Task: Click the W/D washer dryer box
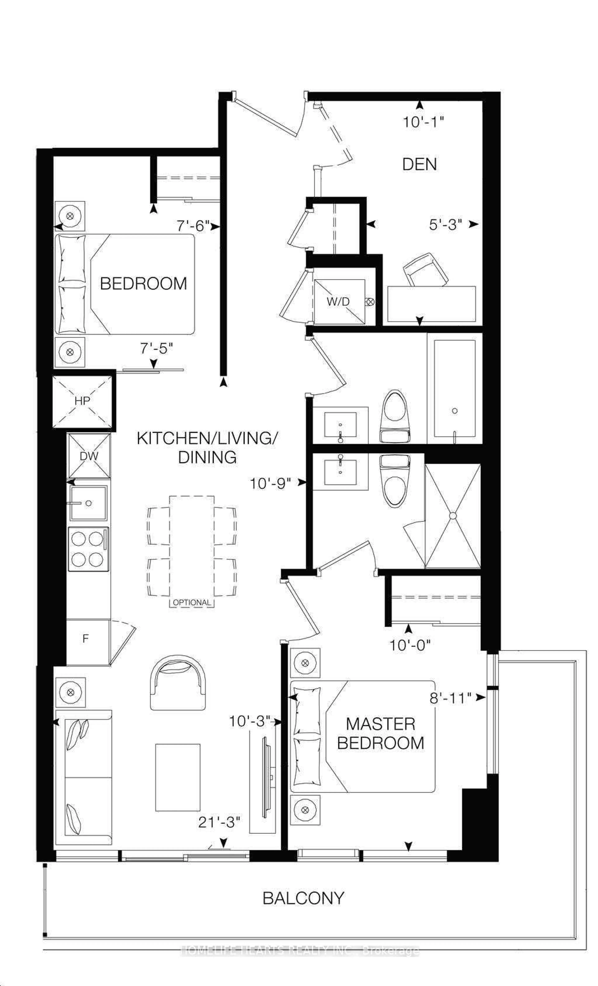339,301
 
